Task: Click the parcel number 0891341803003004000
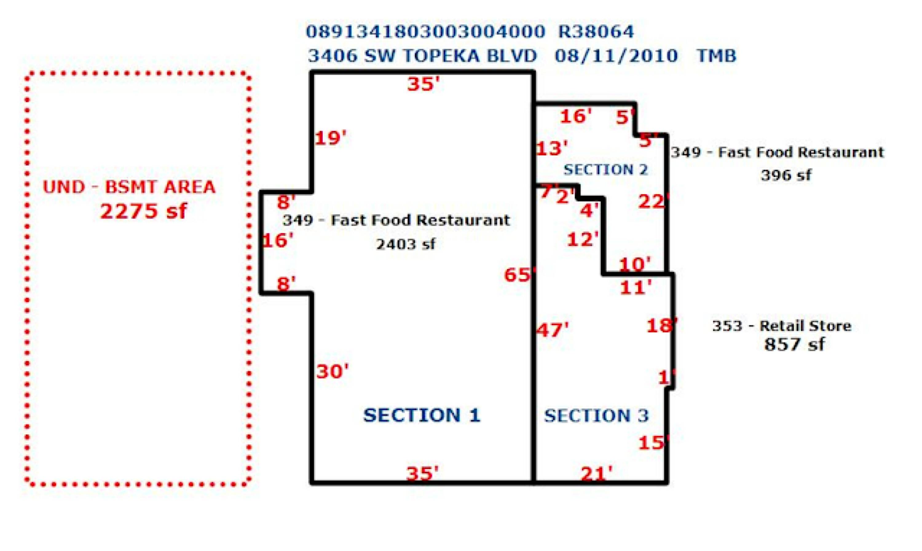coord(426,32)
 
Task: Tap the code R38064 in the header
coord(596,32)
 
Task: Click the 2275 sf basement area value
coord(144,211)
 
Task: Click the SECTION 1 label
coord(422,415)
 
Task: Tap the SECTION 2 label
coord(606,170)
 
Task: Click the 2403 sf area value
coord(405,244)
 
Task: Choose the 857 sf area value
coord(794,344)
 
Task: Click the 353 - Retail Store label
coord(782,326)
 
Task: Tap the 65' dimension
coord(519,275)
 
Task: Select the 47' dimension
coord(552,330)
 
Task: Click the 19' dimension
coord(330,138)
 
